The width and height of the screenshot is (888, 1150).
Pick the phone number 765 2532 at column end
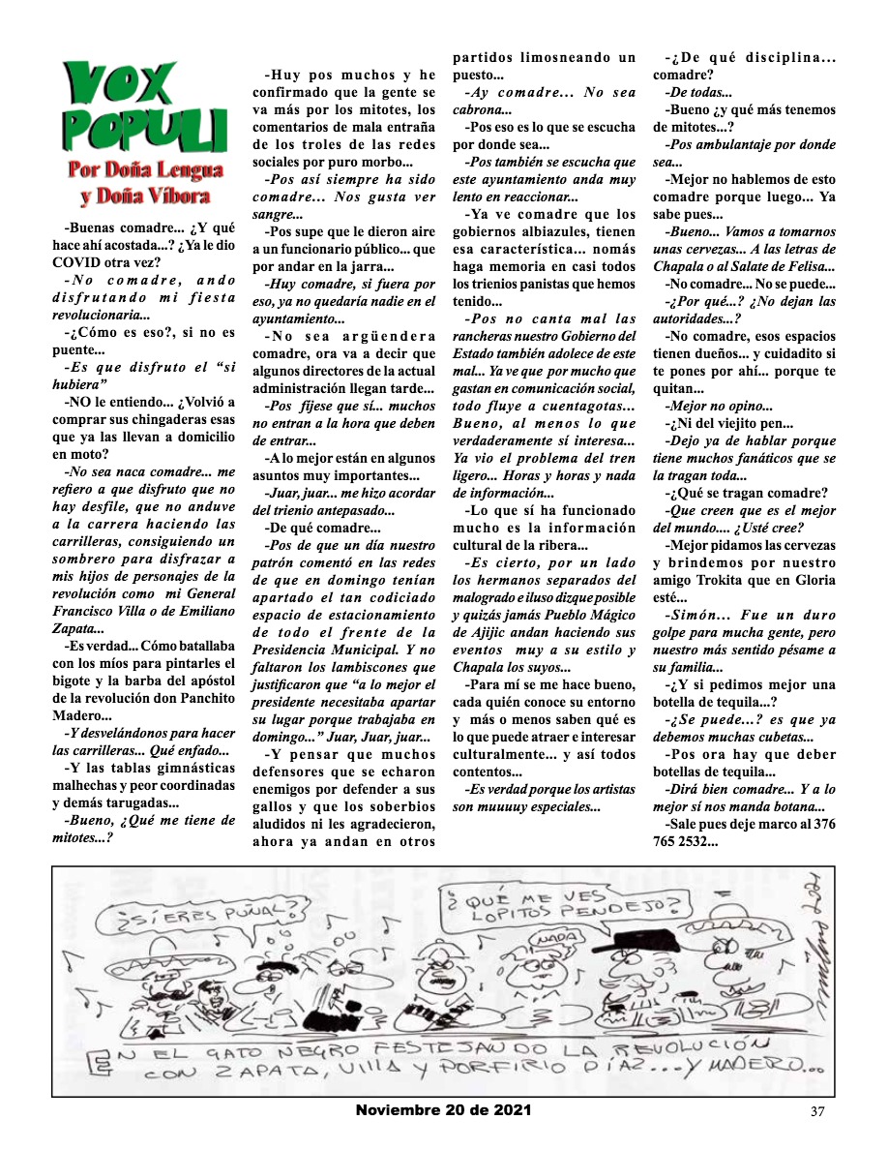pos(686,840)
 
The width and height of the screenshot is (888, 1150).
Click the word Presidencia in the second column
pos(306,650)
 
